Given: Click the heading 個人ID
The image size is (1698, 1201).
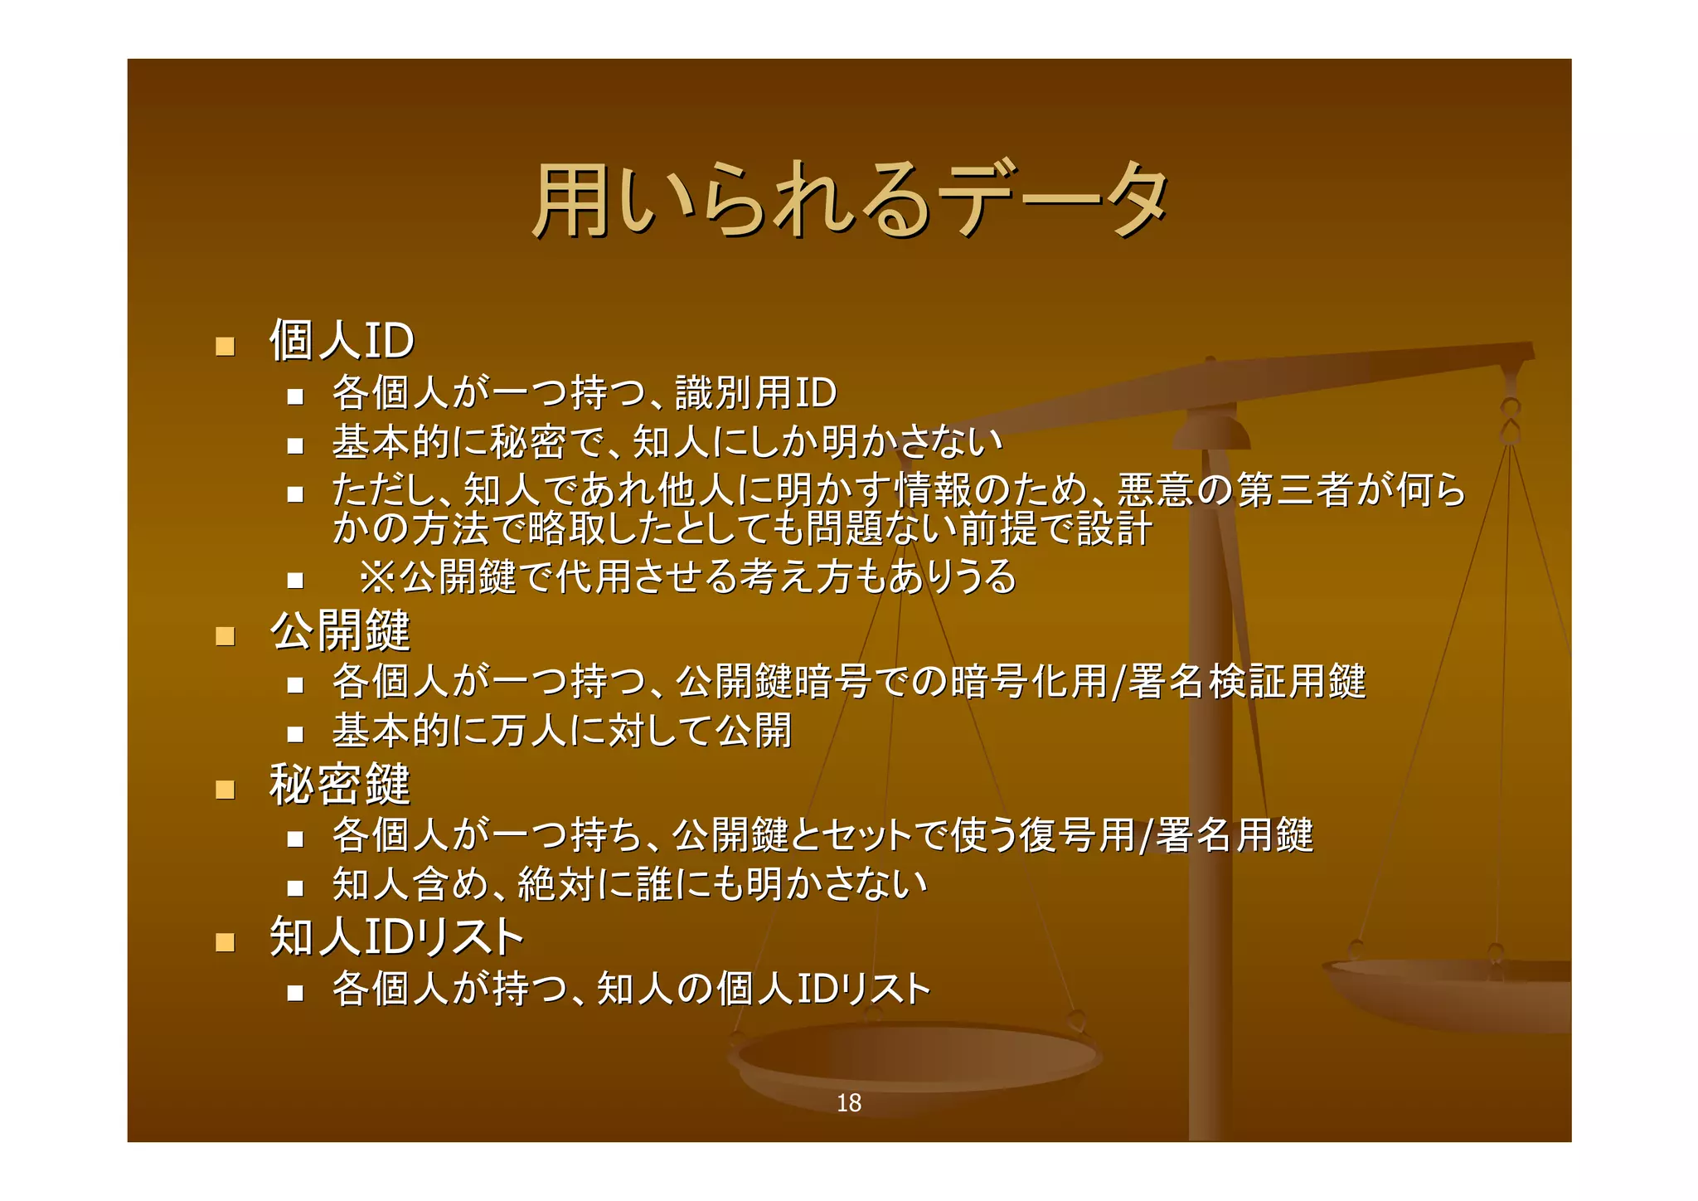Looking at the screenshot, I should [x=342, y=340].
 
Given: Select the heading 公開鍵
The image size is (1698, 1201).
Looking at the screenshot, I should [x=340, y=631].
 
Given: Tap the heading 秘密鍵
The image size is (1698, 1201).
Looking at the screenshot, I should [x=340, y=785].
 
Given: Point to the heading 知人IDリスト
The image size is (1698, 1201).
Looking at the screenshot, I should [x=396, y=937].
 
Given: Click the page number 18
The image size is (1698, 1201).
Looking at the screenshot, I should [x=848, y=1103].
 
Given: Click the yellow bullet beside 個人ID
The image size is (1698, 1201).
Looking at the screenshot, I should [x=225, y=346].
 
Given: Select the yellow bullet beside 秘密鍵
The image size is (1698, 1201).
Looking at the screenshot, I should [x=225, y=789].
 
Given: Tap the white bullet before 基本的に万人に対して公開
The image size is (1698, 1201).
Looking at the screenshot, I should [x=295, y=734].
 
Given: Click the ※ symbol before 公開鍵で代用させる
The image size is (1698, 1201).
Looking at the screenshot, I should [x=377, y=577].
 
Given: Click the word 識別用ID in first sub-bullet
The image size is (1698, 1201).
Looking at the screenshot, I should [x=755, y=393].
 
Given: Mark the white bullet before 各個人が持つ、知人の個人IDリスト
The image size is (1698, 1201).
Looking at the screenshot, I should [x=295, y=993].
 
